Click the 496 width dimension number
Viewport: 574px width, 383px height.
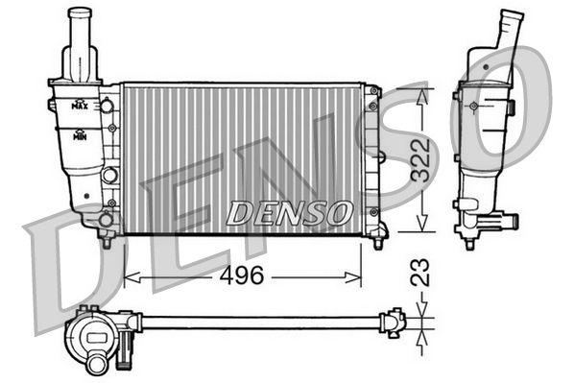tap(243, 275)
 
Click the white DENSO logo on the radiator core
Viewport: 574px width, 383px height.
tap(288, 212)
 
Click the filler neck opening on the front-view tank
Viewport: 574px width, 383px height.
tap(81, 12)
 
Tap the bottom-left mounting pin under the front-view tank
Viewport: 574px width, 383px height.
tap(106, 240)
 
